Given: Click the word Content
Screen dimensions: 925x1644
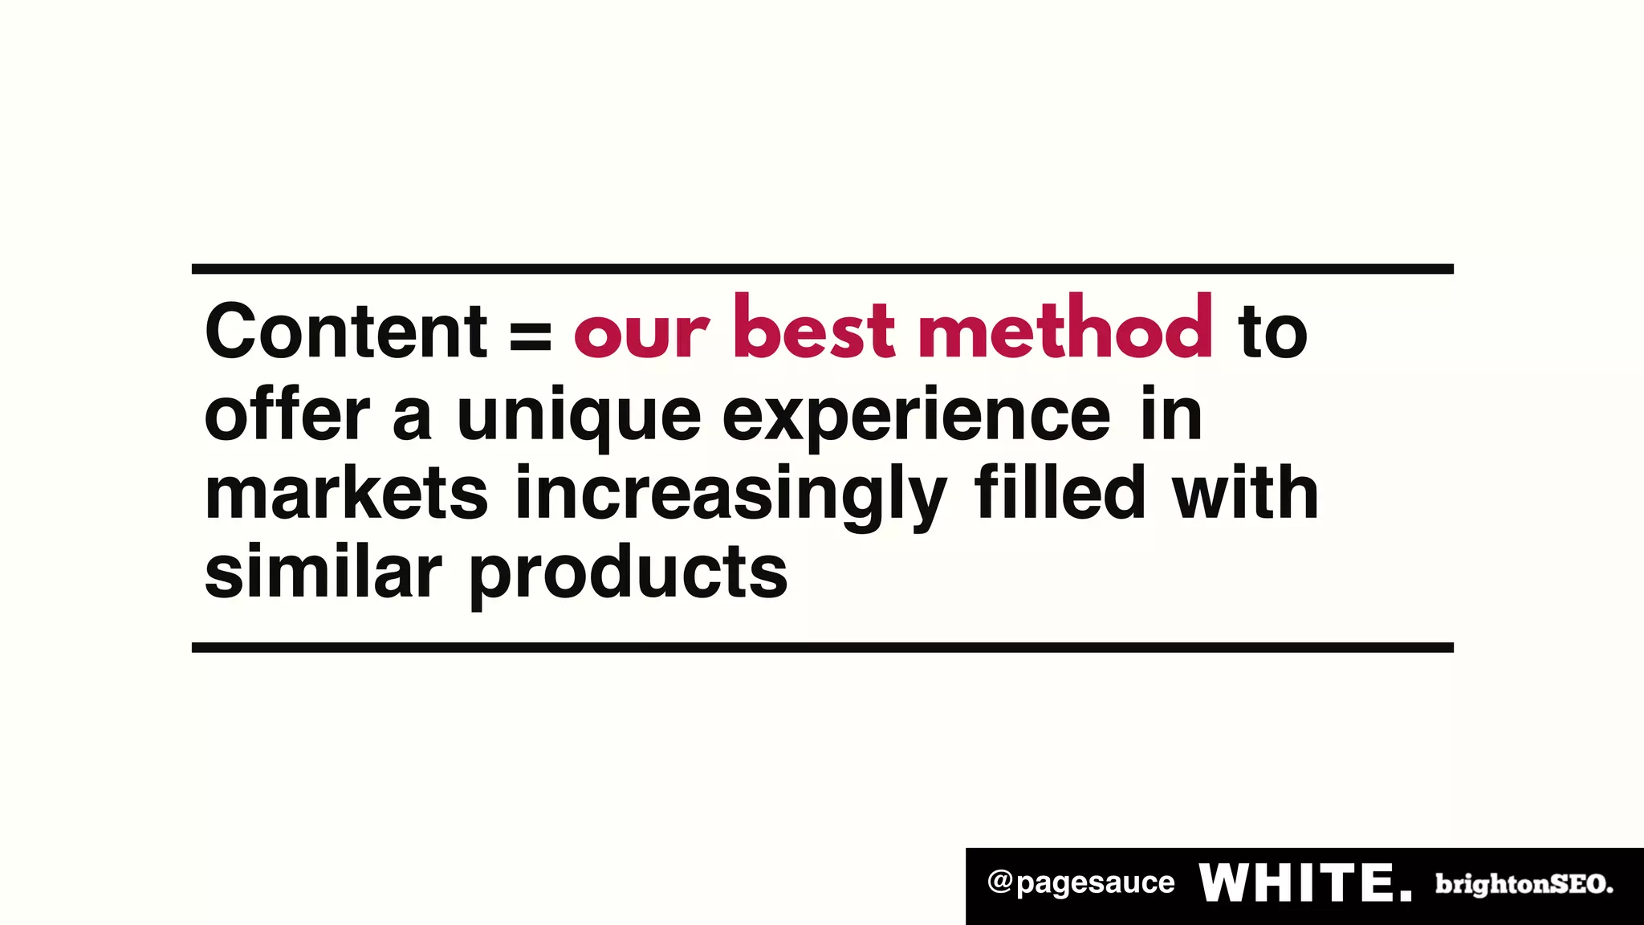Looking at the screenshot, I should coord(345,331).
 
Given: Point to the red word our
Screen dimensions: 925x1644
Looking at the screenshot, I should coord(641,334).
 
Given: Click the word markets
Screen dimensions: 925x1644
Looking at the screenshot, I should coord(346,493).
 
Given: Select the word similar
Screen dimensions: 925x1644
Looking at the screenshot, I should coord(323,571).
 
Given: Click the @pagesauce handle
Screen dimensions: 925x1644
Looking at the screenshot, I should coord(1080,883).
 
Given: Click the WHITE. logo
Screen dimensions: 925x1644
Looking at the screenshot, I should coord(1305,883).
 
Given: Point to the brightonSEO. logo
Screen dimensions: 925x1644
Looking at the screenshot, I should coord(1524,884).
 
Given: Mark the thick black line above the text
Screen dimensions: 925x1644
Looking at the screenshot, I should coord(822,269).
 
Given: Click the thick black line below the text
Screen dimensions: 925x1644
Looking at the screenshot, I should coord(822,647).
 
